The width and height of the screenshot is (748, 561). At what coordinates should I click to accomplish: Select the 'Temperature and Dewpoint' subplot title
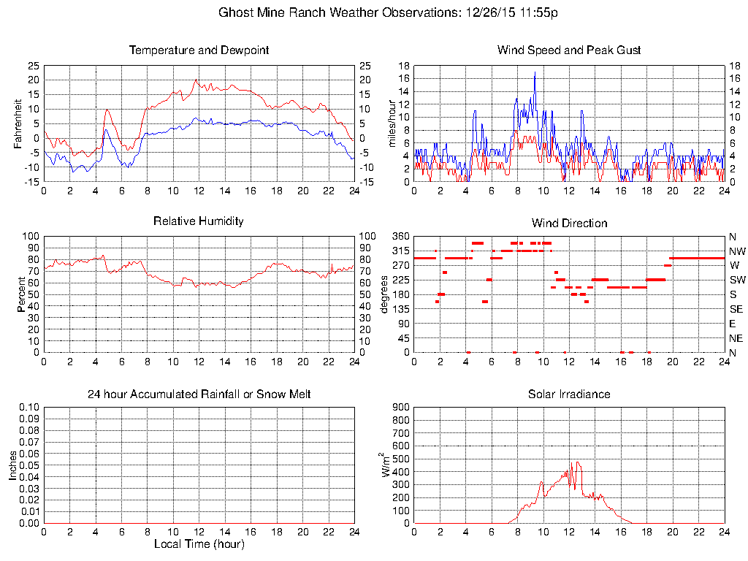click(x=199, y=50)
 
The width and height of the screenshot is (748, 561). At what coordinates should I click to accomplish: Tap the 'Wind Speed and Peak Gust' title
click(x=569, y=50)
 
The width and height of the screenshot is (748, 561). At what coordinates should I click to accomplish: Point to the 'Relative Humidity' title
click(x=199, y=221)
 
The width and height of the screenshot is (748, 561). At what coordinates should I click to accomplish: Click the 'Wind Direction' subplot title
click(x=569, y=223)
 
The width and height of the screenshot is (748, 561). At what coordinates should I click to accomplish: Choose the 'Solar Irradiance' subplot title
click(x=569, y=394)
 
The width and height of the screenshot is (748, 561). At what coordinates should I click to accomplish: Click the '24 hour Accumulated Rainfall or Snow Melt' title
click(x=199, y=394)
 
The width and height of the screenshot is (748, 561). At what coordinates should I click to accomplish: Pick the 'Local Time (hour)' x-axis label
click(x=199, y=544)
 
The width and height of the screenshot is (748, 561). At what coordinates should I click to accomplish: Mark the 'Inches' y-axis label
click(x=13, y=465)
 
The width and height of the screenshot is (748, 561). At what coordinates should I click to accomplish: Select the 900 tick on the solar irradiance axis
click(x=400, y=408)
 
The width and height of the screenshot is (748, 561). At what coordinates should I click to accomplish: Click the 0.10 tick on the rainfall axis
click(x=30, y=408)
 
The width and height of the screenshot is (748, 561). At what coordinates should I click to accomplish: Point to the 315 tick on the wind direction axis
click(x=400, y=251)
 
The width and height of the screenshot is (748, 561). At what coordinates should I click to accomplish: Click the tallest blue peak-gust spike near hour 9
click(x=535, y=72)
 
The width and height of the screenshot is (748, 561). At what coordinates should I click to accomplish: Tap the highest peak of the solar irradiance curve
click(x=577, y=462)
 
